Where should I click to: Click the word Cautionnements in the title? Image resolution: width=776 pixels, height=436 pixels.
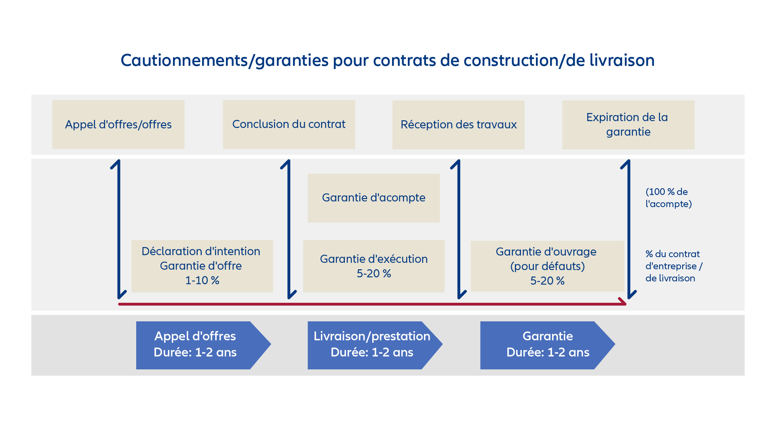184,61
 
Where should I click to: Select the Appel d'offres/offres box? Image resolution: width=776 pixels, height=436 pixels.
118,124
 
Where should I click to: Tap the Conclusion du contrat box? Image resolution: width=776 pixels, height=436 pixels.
289,124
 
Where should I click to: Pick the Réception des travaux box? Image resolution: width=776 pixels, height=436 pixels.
458,125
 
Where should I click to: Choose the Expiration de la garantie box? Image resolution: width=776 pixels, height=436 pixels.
628,125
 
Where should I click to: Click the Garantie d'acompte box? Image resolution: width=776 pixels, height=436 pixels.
373,198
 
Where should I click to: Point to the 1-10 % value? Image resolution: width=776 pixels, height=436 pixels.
202,281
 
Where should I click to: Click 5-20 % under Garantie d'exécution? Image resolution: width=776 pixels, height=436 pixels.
374,274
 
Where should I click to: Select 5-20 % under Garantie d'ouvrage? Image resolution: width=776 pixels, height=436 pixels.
547,281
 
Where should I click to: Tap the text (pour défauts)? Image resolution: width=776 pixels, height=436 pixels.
547,266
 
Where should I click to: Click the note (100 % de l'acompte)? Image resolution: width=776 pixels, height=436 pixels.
668,198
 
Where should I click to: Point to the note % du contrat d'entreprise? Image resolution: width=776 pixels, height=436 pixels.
673,266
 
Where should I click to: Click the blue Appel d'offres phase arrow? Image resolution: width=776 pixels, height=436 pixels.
198,345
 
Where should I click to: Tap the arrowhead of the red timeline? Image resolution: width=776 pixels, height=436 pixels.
623,302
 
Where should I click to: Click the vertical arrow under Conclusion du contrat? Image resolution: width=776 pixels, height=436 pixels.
289,230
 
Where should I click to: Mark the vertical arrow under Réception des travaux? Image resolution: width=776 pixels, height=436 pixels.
459,230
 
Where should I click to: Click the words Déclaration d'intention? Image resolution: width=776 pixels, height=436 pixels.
201,252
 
